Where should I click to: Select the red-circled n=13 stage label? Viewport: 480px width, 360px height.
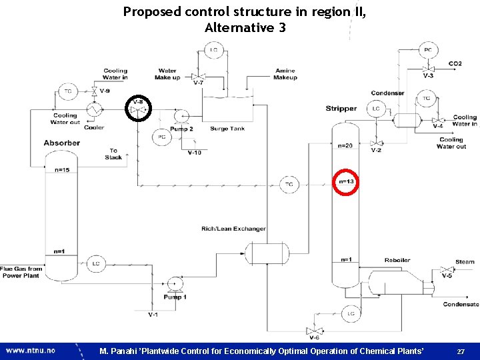point(346,182)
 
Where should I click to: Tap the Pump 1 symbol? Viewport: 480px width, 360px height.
point(175,284)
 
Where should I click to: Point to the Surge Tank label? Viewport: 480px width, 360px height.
point(229,129)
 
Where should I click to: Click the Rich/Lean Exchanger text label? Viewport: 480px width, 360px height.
point(233,229)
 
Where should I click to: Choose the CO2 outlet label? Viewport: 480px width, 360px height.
point(455,64)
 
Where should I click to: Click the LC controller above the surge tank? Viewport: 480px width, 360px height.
point(214,50)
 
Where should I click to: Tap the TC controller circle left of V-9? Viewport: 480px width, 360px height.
point(67,91)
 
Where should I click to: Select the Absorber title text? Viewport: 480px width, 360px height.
point(62,143)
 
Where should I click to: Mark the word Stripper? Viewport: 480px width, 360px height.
point(341,109)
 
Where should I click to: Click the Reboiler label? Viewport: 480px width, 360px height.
point(397,260)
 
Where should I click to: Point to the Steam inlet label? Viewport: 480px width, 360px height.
point(465,262)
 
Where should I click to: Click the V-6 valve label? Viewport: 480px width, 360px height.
point(313,339)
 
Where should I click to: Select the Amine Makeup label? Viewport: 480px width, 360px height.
point(285,74)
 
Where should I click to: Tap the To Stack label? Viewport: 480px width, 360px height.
point(113,154)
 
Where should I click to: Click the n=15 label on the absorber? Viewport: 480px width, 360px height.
point(62,170)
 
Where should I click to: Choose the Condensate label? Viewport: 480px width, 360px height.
point(461,305)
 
